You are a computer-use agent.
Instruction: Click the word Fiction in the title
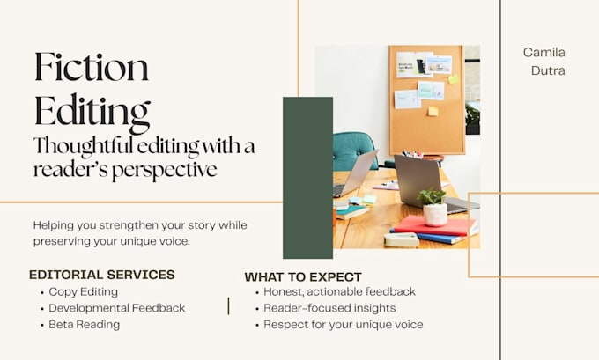point(92,67)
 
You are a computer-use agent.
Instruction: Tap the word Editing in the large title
point(92,113)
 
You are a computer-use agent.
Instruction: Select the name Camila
point(544,52)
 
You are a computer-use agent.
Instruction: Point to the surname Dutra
point(548,70)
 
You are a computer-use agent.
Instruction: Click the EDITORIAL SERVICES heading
point(102,275)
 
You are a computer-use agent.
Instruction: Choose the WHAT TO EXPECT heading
point(303,276)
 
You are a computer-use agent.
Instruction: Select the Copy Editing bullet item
point(84,291)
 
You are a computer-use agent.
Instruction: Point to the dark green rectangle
point(308,178)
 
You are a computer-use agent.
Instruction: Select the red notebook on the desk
point(435,226)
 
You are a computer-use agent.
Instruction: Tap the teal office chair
point(352,151)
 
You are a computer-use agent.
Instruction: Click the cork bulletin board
point(427,99)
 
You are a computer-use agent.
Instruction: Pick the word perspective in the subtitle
point(165,170)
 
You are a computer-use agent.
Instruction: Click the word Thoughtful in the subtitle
point(83,147)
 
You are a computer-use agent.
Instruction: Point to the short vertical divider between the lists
point(228,306)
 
